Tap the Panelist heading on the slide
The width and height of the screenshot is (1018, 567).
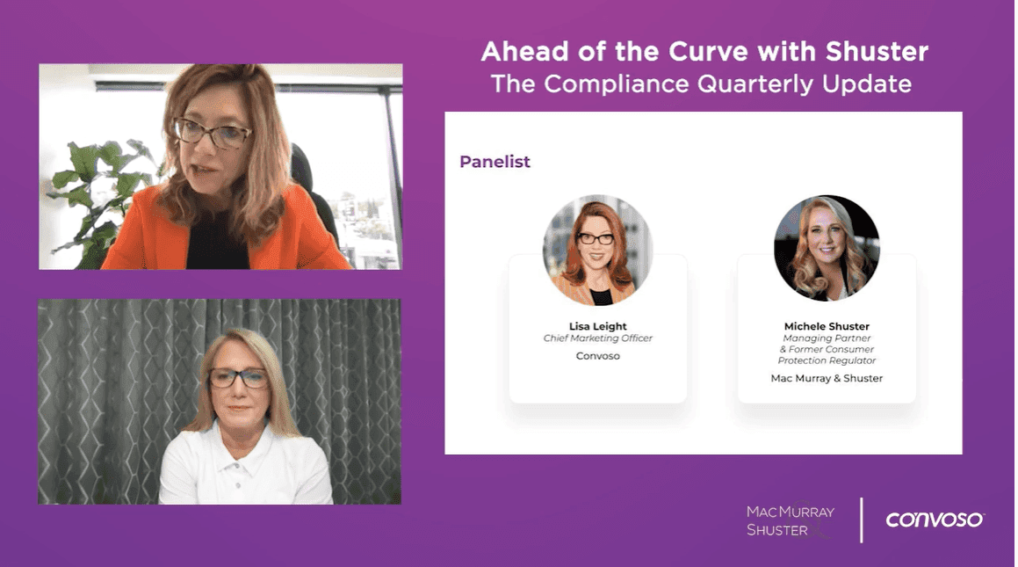coord(495,162)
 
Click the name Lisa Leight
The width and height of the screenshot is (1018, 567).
coord(597,326)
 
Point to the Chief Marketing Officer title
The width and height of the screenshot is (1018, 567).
coord(597,338)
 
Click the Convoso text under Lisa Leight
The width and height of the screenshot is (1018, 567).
coord(597,356)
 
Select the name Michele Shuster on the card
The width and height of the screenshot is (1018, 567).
coord(827,326)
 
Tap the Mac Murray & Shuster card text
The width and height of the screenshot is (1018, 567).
coord(827,378)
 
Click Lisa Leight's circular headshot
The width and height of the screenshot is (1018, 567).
coord(597,250)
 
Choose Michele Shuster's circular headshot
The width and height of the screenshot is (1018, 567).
coord(827,248)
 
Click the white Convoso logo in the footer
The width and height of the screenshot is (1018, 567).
coord(935,520)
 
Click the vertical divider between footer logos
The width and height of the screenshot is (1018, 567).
coord(861,520)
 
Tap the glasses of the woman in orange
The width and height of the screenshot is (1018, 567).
coord(212,133)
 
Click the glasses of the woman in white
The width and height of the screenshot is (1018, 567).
coord(238,378)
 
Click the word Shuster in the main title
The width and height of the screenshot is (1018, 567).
coord(877,52)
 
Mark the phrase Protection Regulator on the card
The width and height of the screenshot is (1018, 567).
coord(827,360)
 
